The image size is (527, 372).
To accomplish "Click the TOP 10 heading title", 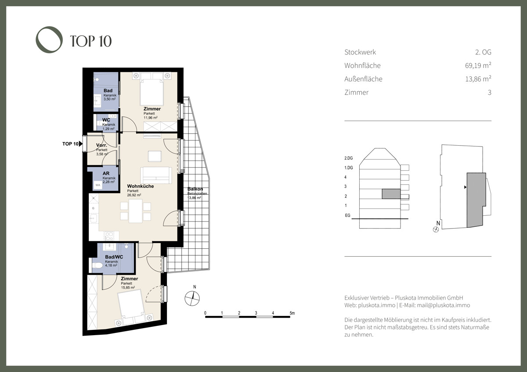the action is (x=91, y=41).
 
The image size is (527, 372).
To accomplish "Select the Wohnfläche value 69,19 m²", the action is (x=478, y=65).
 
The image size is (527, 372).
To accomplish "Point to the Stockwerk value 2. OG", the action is (x=483, y=52).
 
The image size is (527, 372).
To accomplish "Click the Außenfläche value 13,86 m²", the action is (x=478, y=79).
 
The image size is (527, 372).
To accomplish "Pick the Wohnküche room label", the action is (x=141, y=186).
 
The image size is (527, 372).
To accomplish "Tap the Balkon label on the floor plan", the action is (x=195, y=189).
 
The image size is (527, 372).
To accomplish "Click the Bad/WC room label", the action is (x=114, y=257).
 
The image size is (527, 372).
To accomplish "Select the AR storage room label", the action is (x=106, y=173).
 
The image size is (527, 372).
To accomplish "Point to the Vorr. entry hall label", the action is (x=101, y=145).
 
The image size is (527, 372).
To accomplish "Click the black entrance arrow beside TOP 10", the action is (x=81, y=143).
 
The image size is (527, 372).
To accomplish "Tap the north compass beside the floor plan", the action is (x=192, y=298).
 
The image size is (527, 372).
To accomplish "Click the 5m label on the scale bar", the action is (x=292, y=313).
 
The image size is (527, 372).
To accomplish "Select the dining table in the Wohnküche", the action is (x=136, y=211).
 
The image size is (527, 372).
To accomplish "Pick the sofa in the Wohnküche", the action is (x=156, y=175).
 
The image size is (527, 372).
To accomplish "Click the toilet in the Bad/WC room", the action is (x=97, y=265).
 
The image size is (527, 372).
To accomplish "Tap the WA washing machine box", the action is (x=98, y=185).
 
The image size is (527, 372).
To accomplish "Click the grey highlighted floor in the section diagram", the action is (x=391, y=194).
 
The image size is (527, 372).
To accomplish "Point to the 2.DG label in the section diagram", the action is (x=348, y=158).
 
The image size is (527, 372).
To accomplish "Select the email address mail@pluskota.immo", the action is (x=444, y=305).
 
